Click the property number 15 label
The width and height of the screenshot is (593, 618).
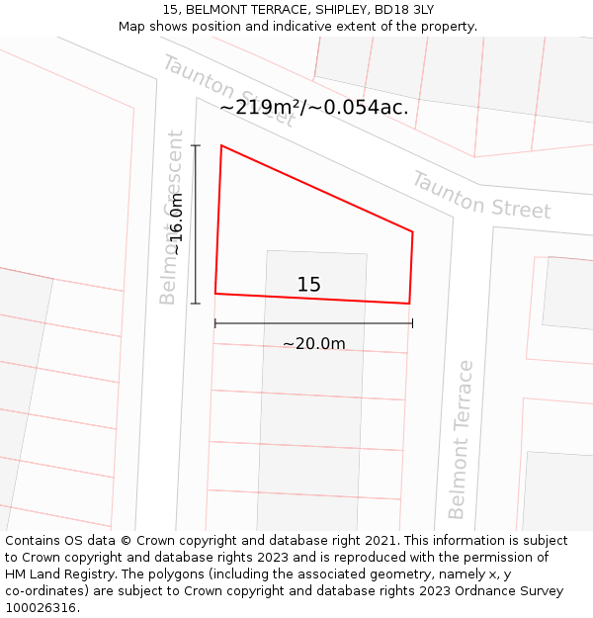pyautogui.click(x=308, y=285)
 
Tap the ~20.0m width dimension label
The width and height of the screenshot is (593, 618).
pyautogui.click(x=313, y=344)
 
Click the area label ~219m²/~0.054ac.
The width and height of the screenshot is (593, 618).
pyautogui.click(x=313, y=107)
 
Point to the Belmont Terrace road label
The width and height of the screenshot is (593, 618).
pyautogui.click(x=460, y=439)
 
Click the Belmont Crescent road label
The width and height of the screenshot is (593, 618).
pyautogui.click(x=171, y=217)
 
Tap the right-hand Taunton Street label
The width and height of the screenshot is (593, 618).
pyautogui.click(x=480, y=195)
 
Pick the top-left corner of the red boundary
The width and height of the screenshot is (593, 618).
pyautogui.click(x=221, y=145)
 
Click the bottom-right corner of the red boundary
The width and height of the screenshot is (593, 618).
pyautogui.click(x=409, y=304)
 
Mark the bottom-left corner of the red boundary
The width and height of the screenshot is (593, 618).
pyautogui.click(x=215, y=294)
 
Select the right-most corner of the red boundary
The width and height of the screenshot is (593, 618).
pyautogui.click(x=412, y=232)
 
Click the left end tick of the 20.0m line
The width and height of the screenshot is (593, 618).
pyautogui.click(x=215, y=323)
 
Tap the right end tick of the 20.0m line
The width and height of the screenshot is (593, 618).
pyautogui.click(x=412, y=323)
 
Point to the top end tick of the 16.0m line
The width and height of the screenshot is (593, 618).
pyautogui.click(x=196, y=145)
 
